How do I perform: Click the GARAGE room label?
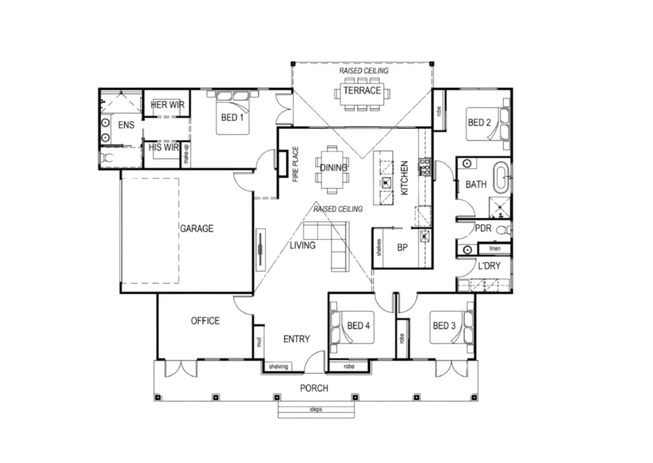pos(196,229)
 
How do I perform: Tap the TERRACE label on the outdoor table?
pos(362,90)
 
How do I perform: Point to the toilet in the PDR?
pos(504,229)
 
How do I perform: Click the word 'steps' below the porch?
pos(316,410)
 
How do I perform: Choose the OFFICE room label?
pos(205,321)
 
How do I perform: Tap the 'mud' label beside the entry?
pos(259,342)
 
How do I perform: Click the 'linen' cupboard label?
pos(495,248)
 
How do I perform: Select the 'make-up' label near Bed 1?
pos(186,154)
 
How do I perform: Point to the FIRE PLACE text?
pos(296,164)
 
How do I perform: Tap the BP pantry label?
pos(402,248)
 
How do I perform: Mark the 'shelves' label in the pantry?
pos(379,247)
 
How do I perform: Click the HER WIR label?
pos(168,104)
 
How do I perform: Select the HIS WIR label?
pos(164,147)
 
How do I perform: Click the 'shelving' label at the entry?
pos(279,366)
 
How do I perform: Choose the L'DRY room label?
pos(489,266)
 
